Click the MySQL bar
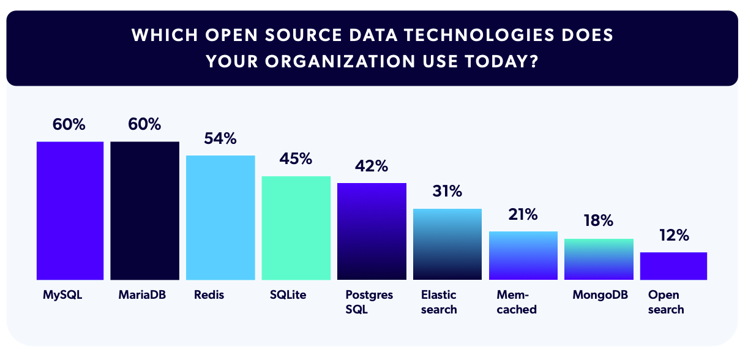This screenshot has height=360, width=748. point(70,211)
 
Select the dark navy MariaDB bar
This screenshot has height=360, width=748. point(144,211)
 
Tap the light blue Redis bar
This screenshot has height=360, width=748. point(220,217)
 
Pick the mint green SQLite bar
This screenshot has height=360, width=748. point(296,228)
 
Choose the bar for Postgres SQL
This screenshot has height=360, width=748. point(372,231)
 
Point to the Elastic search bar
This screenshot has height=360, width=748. point(447,244)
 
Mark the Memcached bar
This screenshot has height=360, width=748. point(523,255)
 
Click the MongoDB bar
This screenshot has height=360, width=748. point(599,259)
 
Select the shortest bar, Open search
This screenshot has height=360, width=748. point(673,266)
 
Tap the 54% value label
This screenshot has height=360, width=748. point(220,139)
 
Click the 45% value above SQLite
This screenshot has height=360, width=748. point(296,159)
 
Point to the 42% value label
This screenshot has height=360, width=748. point(372,166)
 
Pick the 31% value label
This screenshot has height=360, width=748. point(447,192)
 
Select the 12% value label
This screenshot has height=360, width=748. point(674,236)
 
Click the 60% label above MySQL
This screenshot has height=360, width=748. point(69,124)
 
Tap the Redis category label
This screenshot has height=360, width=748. point(209,295)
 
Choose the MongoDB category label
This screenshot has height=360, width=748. point(600,295)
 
